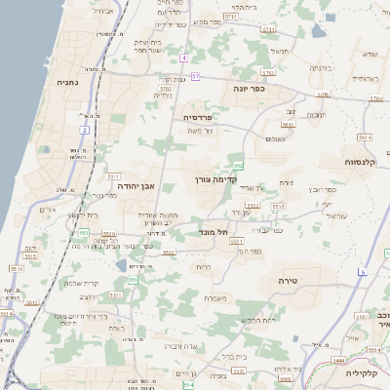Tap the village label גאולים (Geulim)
click(x=274, y=138)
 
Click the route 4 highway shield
click(x=183, y=58)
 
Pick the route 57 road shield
click(x=195, y=75)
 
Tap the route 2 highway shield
click(x=85, y=129)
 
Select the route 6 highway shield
click(x=363, y=271)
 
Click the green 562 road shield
click(x=238, y=166)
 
